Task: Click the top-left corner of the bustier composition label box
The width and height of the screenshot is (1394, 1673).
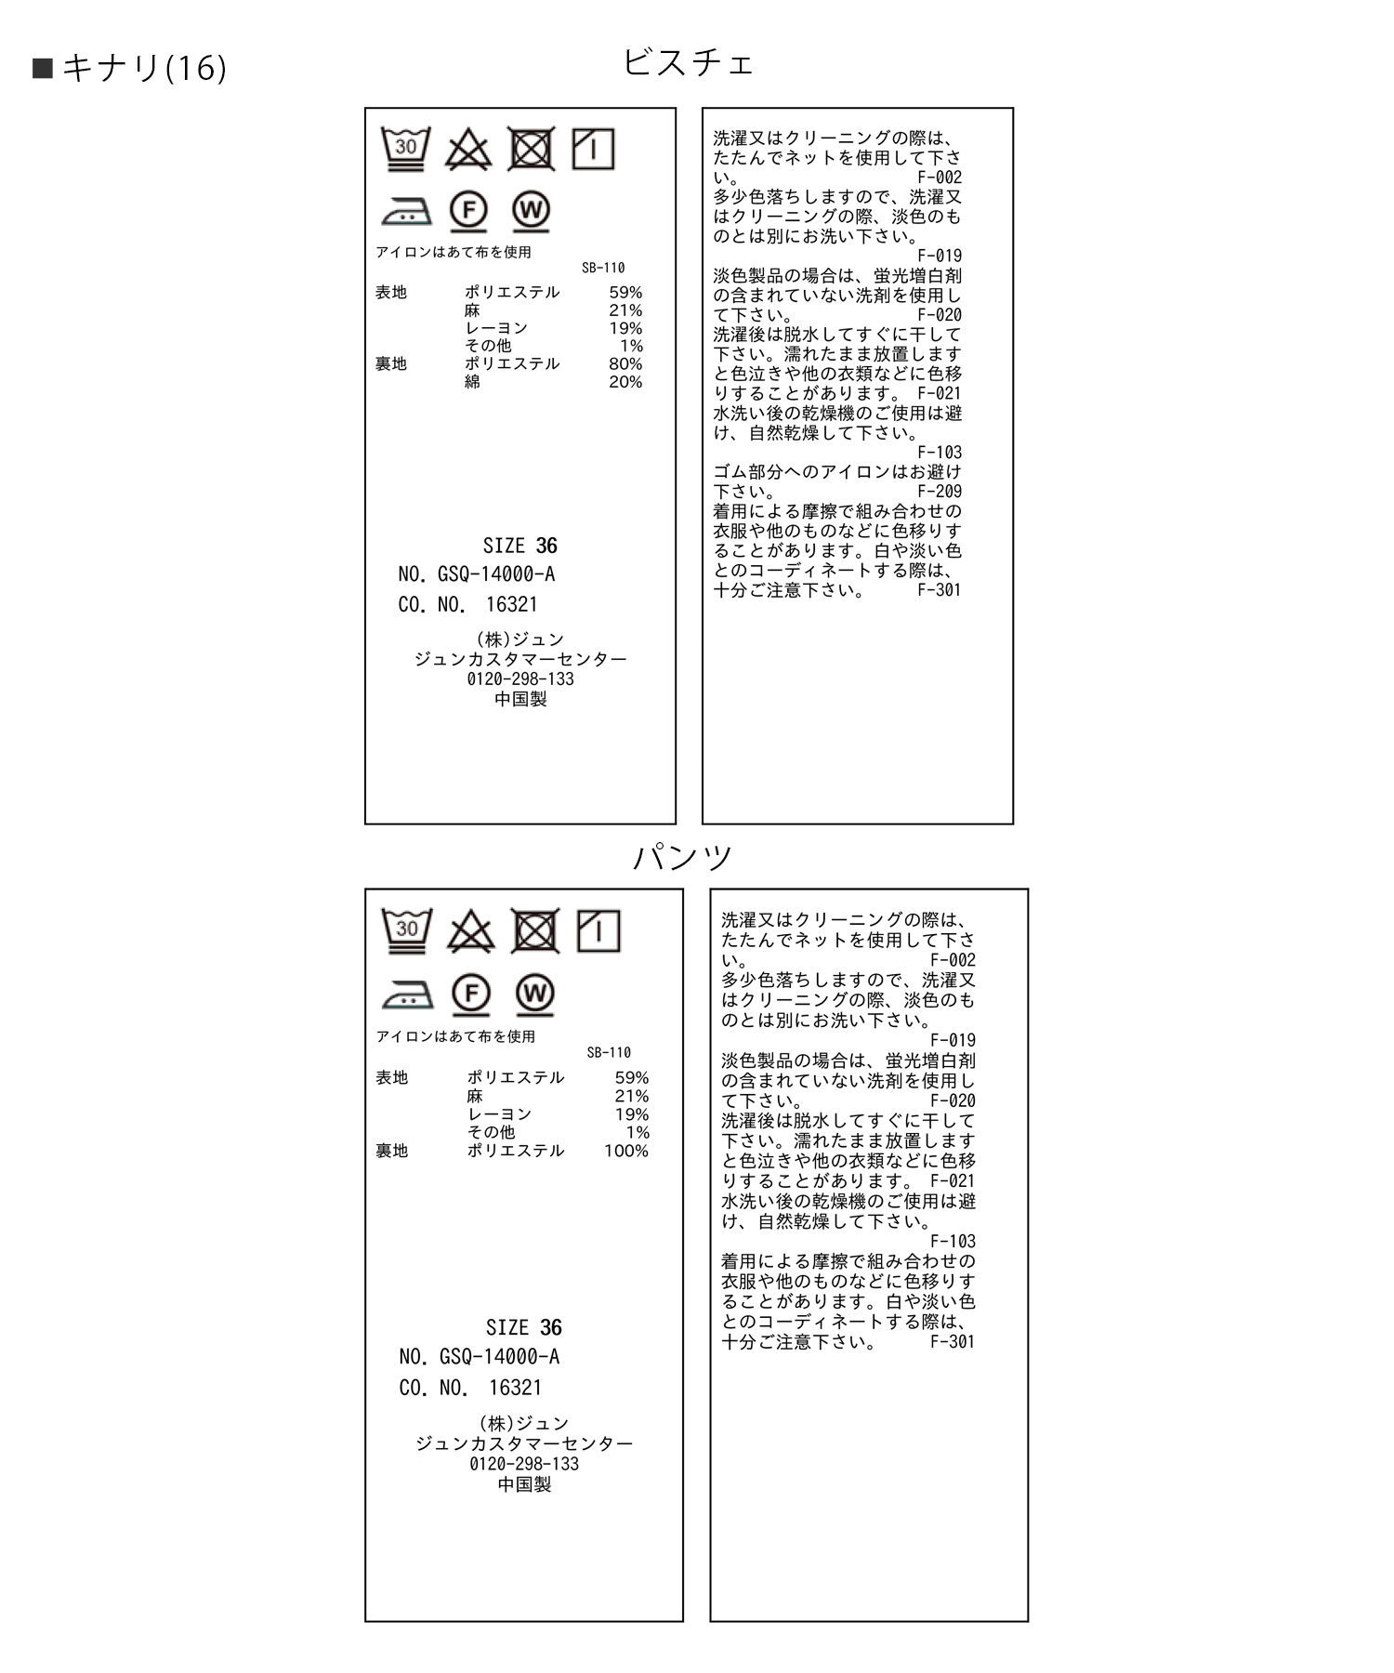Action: coord(365,108)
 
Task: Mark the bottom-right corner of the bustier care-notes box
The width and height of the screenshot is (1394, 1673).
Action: coord(1013,823)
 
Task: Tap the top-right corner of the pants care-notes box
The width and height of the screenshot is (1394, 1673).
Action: coord(1028,889)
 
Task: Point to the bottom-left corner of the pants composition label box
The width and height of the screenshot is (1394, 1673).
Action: coord(365,1622)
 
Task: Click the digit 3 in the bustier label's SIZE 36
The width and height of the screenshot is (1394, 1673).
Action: coord(542,546)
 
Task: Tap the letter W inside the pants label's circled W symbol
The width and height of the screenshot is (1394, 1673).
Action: coord(534,994)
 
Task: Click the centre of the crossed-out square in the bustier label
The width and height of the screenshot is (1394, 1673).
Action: coord(532,149)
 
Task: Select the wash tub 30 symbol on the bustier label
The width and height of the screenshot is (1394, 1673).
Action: coord(406,149)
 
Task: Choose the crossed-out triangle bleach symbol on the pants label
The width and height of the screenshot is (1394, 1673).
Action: coord(471,931)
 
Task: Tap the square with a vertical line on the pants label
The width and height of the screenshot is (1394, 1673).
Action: coord(598,930)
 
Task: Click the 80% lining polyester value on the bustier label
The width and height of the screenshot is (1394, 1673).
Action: coord(625,363)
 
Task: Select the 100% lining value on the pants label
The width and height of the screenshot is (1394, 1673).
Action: coord(626,1151)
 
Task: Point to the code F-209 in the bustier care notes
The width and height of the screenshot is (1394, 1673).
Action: coord(940,492)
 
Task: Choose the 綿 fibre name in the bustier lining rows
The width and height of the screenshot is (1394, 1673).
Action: coord(473,382)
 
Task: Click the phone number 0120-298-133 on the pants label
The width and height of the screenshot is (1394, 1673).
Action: coord(524,1464)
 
